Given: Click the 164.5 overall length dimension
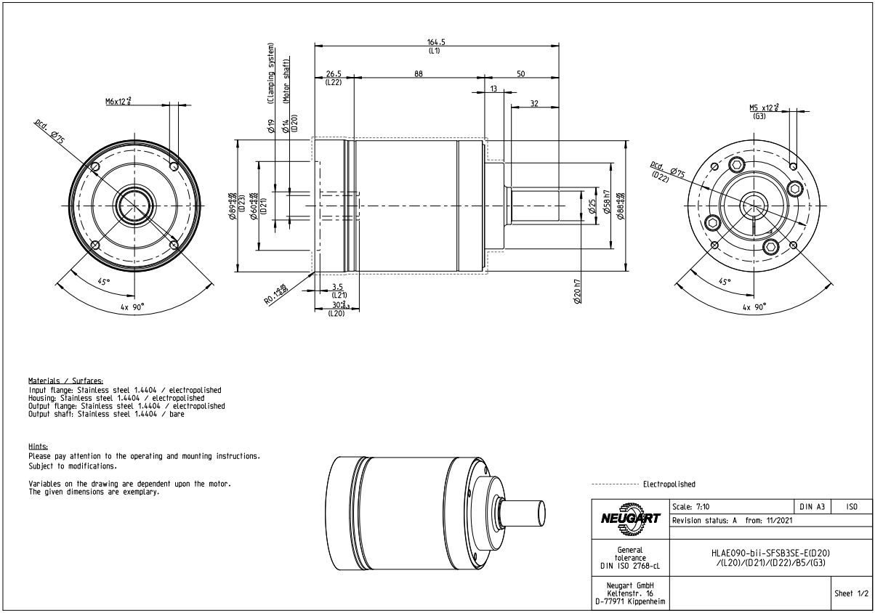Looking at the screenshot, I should point(436,41).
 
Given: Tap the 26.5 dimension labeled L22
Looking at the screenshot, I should point(334,73).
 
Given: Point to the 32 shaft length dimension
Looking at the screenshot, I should point(534,104).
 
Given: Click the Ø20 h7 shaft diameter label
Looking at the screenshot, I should point(577,291).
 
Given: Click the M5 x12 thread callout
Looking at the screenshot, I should point(763,107).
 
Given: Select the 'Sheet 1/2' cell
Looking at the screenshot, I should point(852,593).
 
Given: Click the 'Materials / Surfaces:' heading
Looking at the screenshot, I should point(65,381).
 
